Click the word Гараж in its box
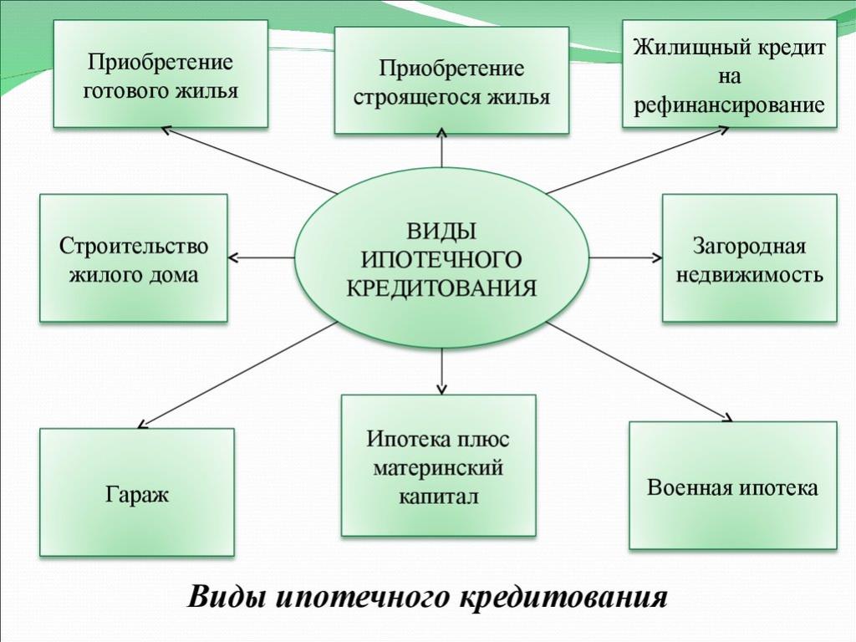[137, 495]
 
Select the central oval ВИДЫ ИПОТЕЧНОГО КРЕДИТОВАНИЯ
[441, 257]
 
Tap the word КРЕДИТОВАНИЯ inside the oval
[441, 288]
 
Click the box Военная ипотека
[732, 485]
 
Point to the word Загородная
[749, 246]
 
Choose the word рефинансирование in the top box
[729, 104]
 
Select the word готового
[127, 90]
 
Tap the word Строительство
[134, 246]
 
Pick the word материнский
[438, 468]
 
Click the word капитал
[438, 497]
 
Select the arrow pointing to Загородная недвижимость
[626, 257]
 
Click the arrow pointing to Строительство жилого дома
[261, 257]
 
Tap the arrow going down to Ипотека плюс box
[441, 371]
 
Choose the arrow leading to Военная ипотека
[639, 372]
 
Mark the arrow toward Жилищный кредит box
[638, 160]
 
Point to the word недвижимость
[750, 274]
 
